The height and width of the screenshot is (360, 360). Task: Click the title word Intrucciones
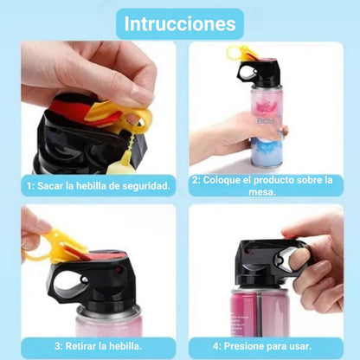180,23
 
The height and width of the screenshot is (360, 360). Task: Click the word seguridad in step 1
146,186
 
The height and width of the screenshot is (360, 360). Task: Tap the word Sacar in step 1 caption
50,186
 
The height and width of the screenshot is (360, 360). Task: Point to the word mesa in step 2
262,192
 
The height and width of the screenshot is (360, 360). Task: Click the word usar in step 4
300,346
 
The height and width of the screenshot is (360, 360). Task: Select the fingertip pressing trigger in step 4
299,257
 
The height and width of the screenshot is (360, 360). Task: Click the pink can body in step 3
109,326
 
